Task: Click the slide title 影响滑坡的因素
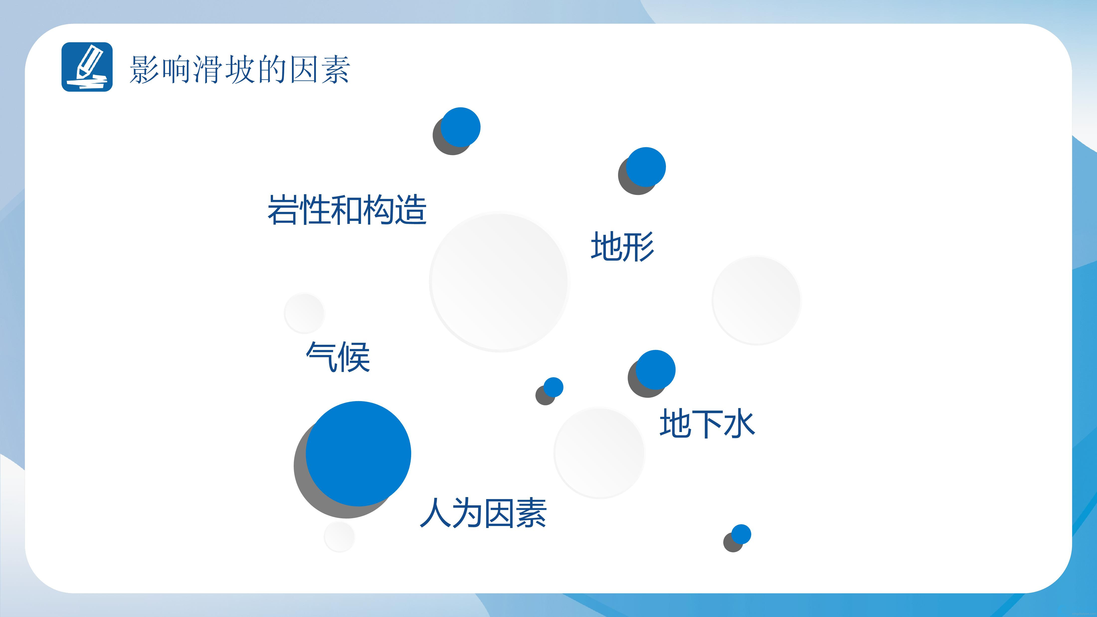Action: click(x=240, y=69)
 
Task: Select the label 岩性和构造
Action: click(x=347, y=209)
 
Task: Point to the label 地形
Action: click(x=622, y=246)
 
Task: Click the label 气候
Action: click(x=338, y=357)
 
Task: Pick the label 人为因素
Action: click(x=483, y=513)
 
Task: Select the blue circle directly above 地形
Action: click(x=645, y=167)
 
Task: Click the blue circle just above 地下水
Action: click(x=655, y=370)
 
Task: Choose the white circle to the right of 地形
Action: click(x=756, y=300)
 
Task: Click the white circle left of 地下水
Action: click(x=599, y=453)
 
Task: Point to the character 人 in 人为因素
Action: click(x=435, y=513)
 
